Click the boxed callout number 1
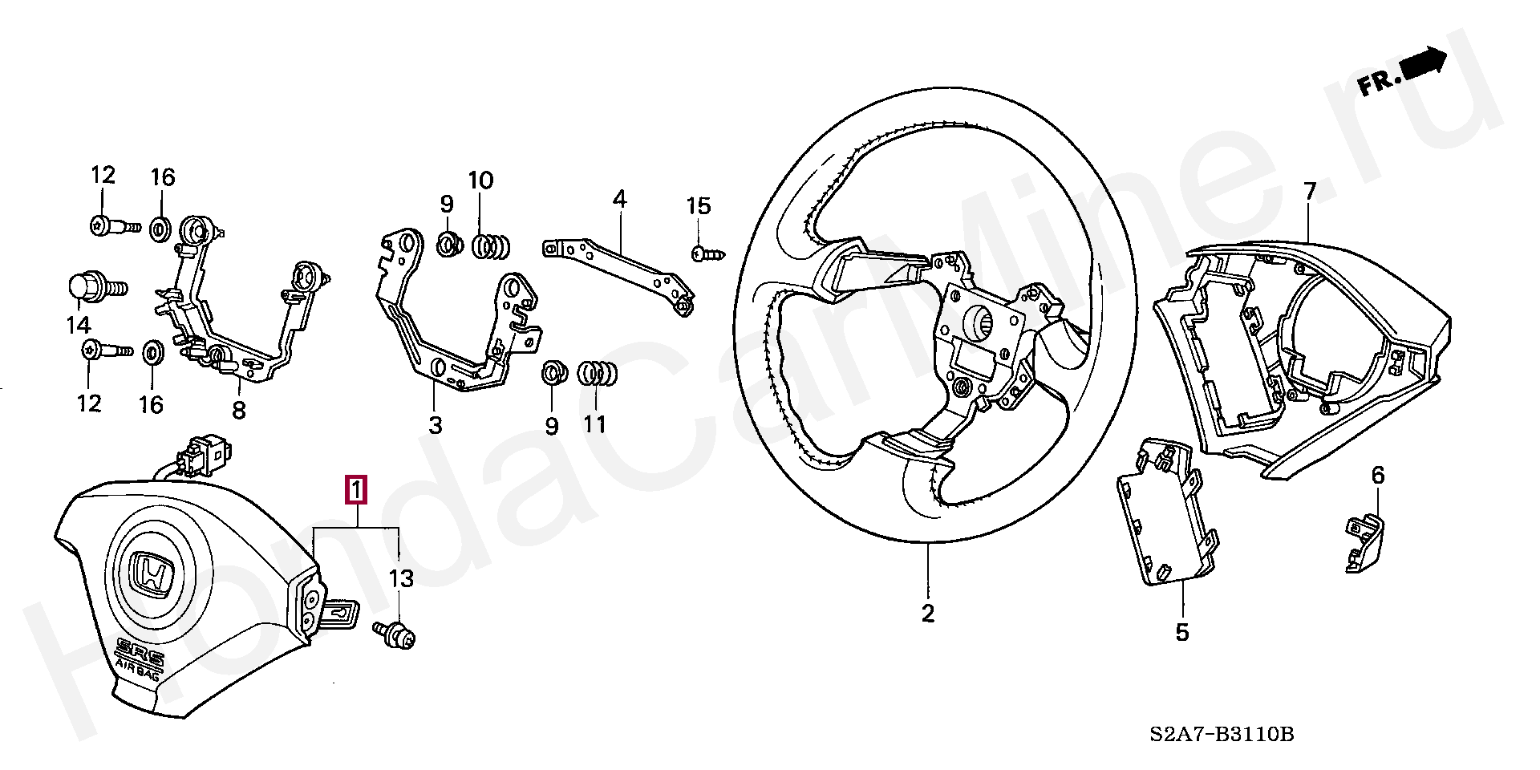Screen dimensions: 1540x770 355,490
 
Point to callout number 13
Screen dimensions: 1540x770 401,577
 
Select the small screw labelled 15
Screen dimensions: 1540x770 709,253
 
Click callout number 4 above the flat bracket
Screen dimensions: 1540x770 620,198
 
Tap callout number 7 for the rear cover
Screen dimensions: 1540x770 1310,191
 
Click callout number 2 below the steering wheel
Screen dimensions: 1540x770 927,614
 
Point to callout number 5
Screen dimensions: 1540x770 1182,631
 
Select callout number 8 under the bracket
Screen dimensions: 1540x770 238,411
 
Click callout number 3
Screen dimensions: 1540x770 435,424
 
